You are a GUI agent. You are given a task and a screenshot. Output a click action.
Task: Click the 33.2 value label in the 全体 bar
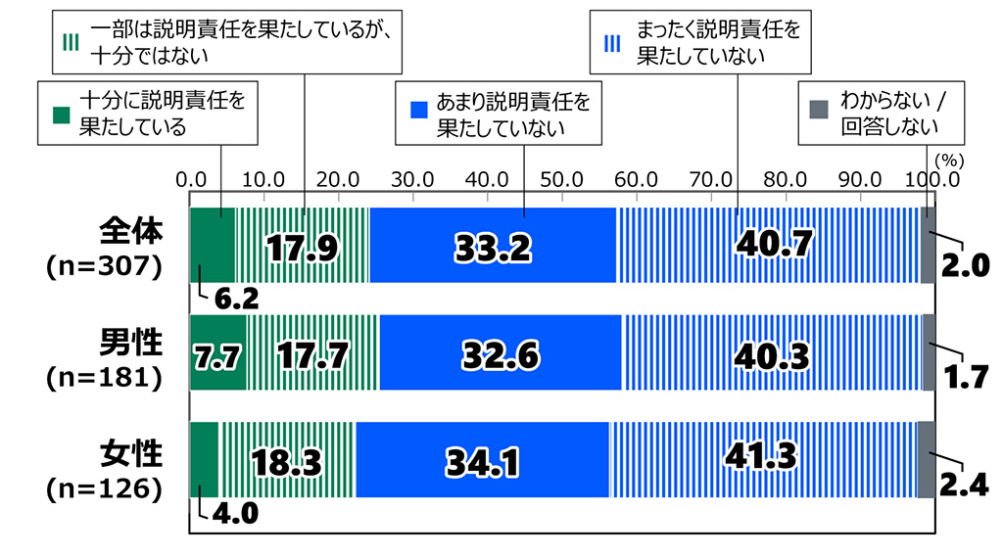[492, 247]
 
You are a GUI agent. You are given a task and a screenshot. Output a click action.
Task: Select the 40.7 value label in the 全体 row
[774, 245]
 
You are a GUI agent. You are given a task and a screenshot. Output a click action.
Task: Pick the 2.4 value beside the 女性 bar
[964, 482]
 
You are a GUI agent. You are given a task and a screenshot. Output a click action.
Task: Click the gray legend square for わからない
[816, 103]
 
